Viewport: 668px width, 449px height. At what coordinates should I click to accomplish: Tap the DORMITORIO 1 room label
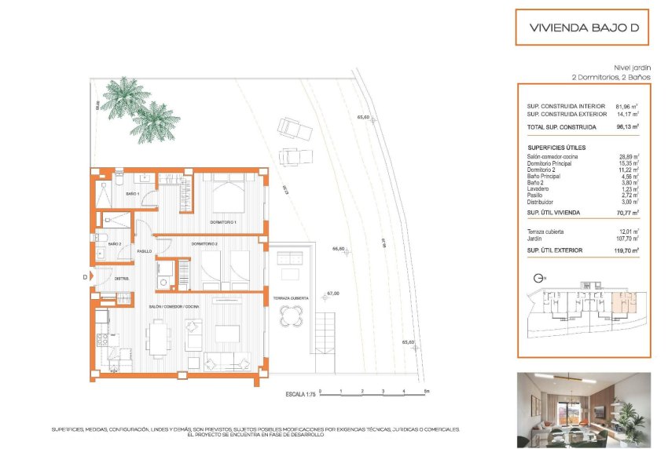pos(223,223)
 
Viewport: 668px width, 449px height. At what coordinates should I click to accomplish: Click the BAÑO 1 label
pos(132,193)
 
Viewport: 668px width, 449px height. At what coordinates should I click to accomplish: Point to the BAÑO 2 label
pos(114,244)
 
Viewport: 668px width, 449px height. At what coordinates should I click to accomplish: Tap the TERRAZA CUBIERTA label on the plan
pos(290,299)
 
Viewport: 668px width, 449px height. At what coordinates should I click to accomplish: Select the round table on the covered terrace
pos(290,318)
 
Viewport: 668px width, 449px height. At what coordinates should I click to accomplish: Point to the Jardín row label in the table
pos(536,238)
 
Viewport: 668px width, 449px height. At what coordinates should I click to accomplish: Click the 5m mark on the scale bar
pos(425,390)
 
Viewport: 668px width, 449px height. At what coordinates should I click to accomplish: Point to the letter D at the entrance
pos(84,276)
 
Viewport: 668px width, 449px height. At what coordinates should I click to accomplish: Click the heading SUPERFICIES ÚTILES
pos(556,148)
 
